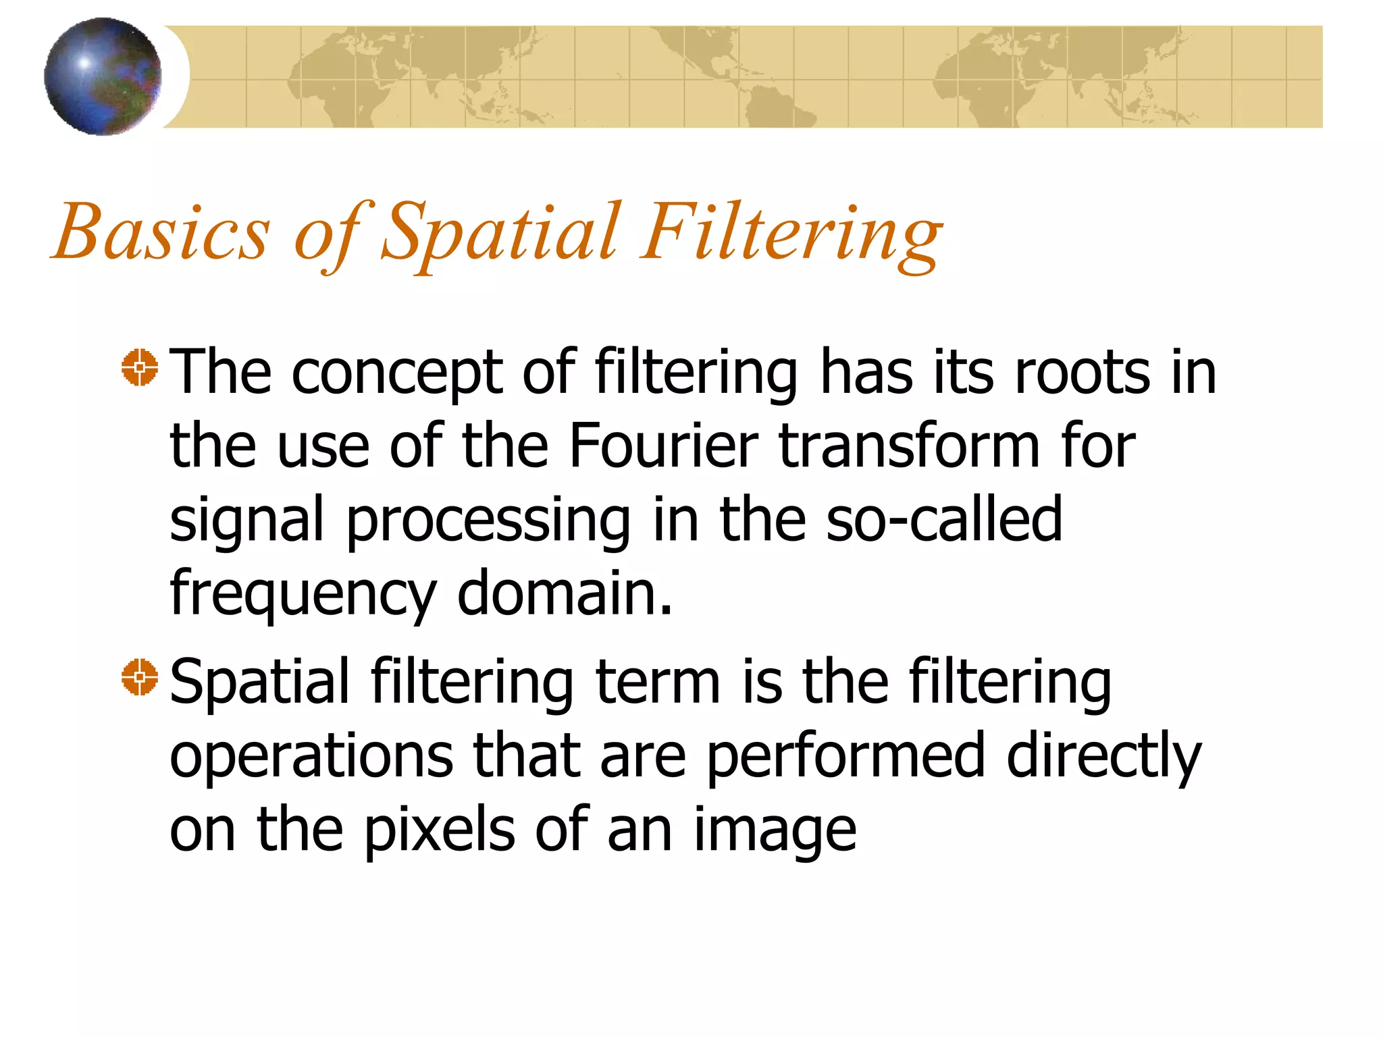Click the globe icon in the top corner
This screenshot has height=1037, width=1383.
coord(103,76)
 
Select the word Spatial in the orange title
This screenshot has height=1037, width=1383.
coord(500,233)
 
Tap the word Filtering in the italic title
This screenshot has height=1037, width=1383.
coord(791,233)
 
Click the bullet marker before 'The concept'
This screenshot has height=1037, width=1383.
coord(140,368)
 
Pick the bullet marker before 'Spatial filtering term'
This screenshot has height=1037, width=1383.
coord(140,676)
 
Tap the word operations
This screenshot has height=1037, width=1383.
coord(311,756)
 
